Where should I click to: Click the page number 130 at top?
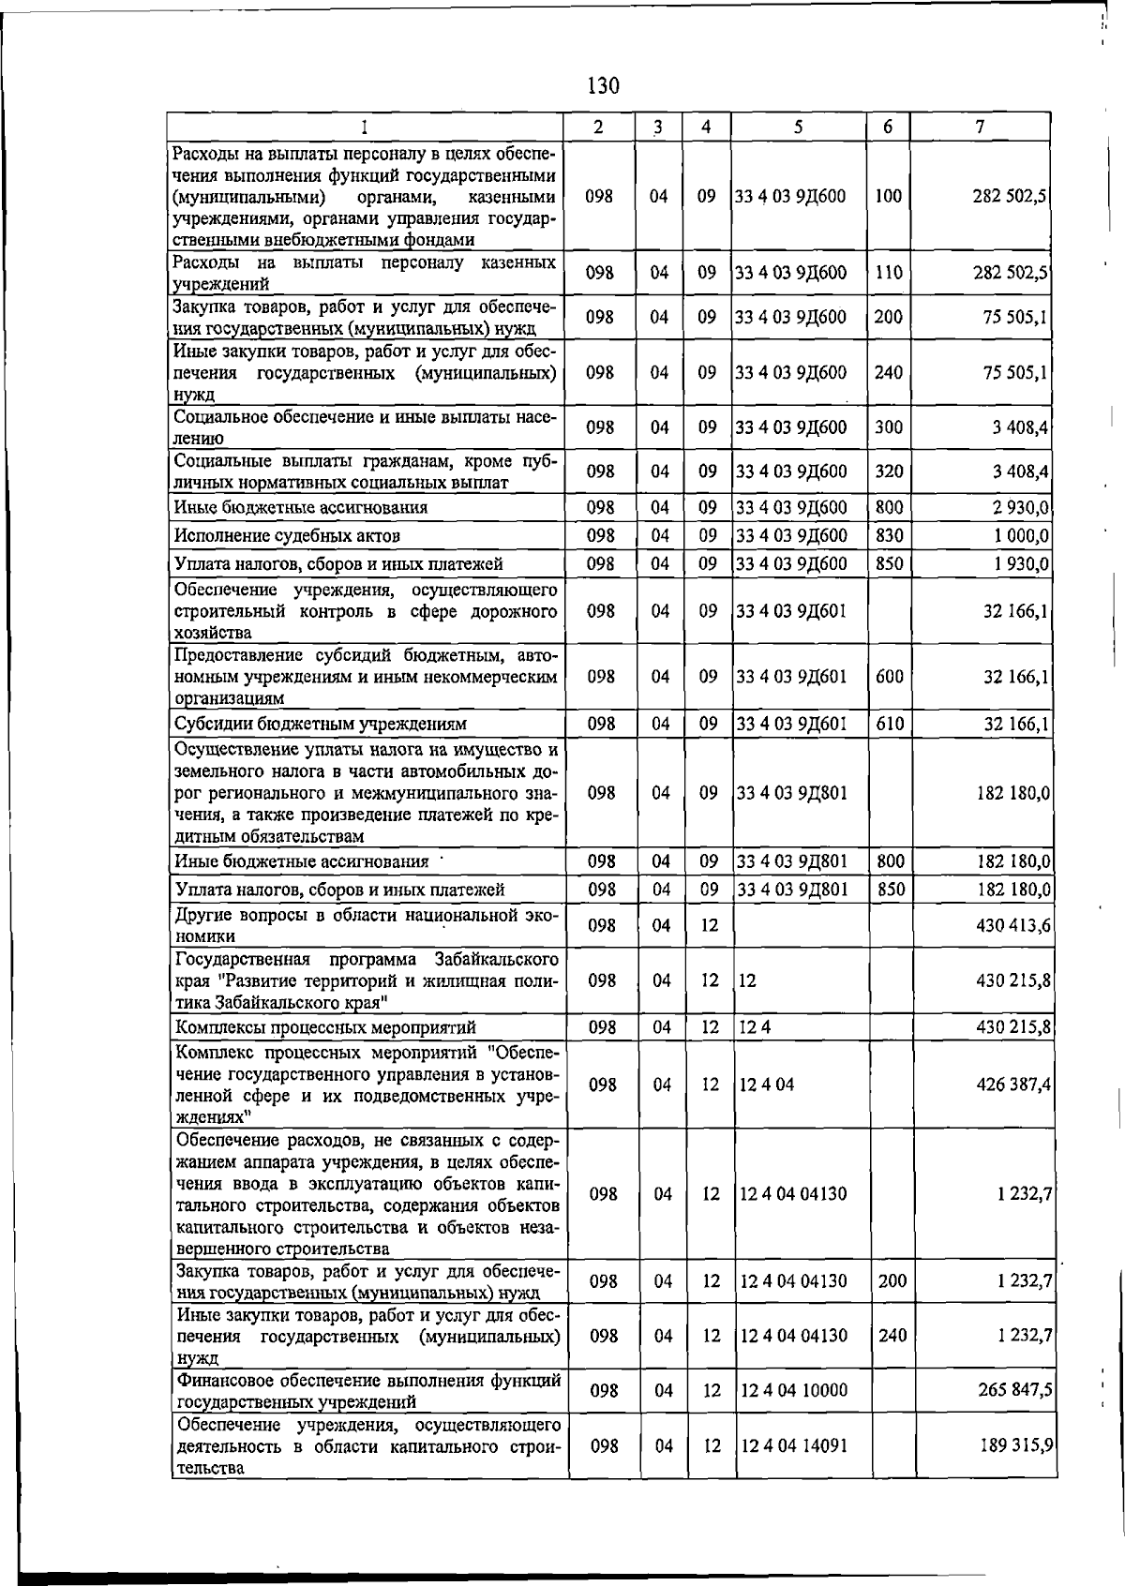(603, 86)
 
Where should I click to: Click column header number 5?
(797, 127)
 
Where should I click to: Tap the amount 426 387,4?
(1013, 1085)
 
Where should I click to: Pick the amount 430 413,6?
(1013, 925)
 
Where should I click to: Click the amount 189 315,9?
(1017, 1445)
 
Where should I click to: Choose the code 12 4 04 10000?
(793, 1390)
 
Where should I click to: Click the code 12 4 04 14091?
(793, 1445)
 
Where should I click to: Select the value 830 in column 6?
(889, 535)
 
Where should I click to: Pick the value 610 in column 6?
(889, 724)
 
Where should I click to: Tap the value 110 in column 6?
(889, 273)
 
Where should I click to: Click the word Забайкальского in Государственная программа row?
(497, 959)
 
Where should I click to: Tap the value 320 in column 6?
(889, 471)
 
